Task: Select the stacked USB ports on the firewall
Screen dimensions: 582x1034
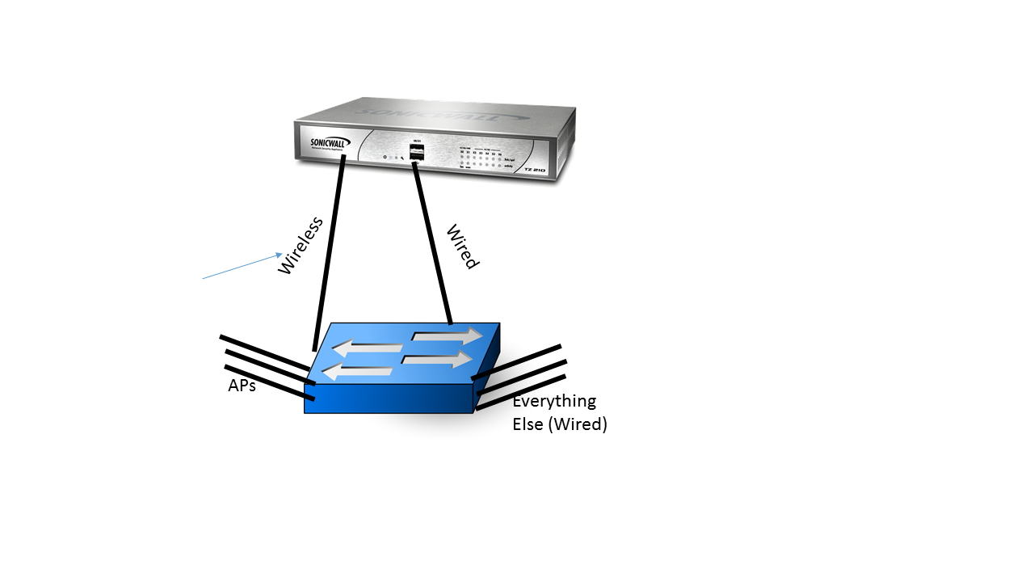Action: (x=418, y=153)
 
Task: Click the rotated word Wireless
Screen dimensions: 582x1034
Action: (x=300, y=246)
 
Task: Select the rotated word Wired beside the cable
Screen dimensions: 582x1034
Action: (x=463, y=247)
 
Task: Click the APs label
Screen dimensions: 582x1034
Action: (x=242, y=386)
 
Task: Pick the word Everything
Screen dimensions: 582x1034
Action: (x=554, y=401)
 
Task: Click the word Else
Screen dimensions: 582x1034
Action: (x=528, y=424)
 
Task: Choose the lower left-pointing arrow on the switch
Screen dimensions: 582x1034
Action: (x=356, y=371)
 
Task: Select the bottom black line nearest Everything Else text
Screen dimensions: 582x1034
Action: (x=521, y=393)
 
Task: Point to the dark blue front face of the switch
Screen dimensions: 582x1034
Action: (x=388, y=398)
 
